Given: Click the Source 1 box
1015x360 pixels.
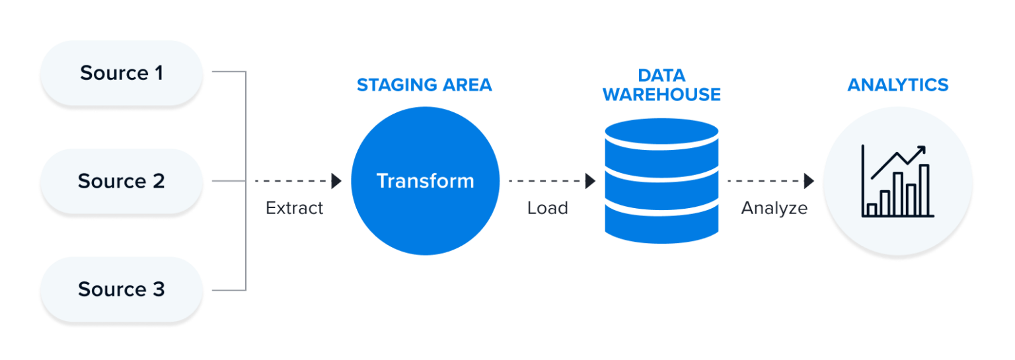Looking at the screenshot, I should tap(122, 73).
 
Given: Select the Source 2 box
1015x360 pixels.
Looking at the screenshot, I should tap(122, 181).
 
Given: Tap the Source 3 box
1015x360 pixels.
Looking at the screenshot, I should tap(122, 289).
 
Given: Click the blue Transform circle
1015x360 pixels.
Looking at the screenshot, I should tap(425, 181).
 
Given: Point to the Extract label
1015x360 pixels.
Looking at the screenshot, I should tap(295, 208).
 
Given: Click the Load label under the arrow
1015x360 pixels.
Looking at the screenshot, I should tap(547, 208).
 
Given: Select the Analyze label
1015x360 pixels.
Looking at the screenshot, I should tap(774, 208).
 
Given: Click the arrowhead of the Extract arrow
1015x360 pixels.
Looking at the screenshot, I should tap(336, 181).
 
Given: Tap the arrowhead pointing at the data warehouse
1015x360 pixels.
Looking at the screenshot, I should tap(591, 181).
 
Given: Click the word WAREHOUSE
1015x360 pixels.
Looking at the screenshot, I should tap(661, 95).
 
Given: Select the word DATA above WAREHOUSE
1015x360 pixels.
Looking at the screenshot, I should tap(661, 75).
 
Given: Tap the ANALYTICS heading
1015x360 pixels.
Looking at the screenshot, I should tap(897, 85).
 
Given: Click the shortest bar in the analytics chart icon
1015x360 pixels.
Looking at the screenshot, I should tap(872, 209).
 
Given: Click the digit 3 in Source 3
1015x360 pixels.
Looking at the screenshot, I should tap(158, 289).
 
